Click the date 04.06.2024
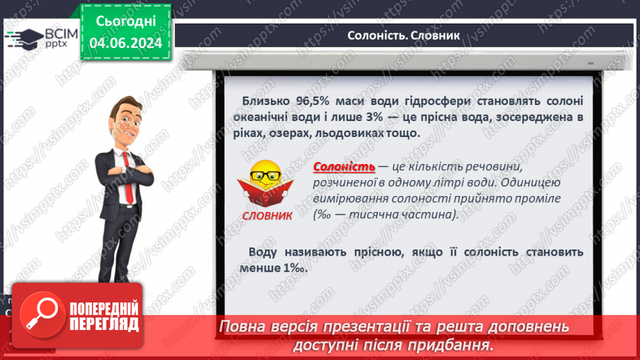[x=126, y=42]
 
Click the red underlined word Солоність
[x=344, y=167]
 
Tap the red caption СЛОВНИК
[x=268, y=215]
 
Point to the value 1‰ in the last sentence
[x=295, y=268]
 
